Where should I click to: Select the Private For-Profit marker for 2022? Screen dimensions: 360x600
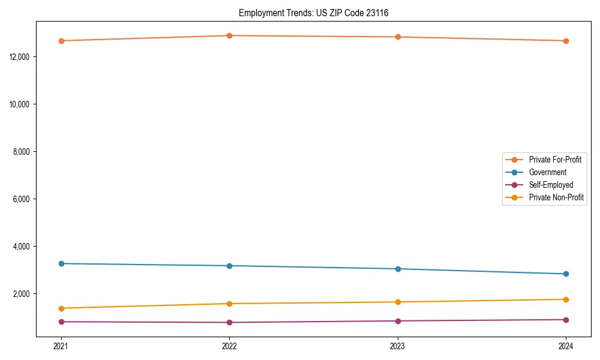[x=229, y=35]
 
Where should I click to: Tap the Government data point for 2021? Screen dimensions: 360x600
[x=61, y=263]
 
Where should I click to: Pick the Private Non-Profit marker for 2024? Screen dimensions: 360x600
[x=566, y=299]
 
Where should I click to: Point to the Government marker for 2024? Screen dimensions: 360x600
[x=566, y=274]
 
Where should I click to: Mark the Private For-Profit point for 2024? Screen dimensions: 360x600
[x=566, y=41]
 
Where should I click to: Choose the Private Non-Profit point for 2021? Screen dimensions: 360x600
[x=61, y=308]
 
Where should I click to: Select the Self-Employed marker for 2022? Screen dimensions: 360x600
[x=229, y=322]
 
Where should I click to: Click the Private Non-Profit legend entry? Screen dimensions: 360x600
[x=556, y=197]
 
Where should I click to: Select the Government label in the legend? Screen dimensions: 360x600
[x=547, y=172]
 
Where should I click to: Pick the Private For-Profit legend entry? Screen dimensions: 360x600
[x=555, y=160]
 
